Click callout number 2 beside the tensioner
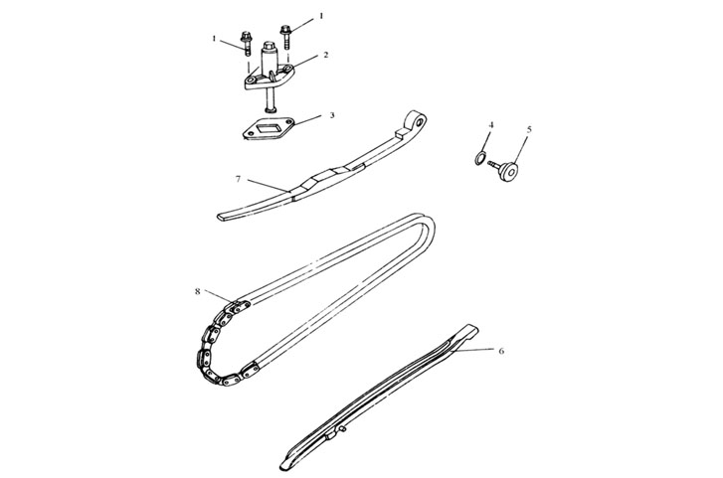click(x=326, y=55)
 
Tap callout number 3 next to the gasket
click(x=332, y=114)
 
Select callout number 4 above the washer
click(x=491, y=125)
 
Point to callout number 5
click(x=529, y=129)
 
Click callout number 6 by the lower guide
click(x=501, y=351)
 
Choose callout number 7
click(x=238, y=179)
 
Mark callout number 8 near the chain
click(x=197, y=291)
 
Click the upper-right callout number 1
click(x=321, y=16)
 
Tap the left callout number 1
click(x=214, y=38)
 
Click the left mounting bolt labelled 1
click(x=246, y=42)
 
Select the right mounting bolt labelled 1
click(x=285, y=36)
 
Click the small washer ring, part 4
click(x=479, y=158)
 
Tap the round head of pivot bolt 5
click(x=510, y=173)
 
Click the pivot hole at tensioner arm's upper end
click(x=420, y=122)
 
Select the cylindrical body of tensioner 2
click(x=270, y=59)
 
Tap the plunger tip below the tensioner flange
click(x=269, y=108)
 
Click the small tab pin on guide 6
click(x=343, y=429)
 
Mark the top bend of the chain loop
click(x=425, y=219)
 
